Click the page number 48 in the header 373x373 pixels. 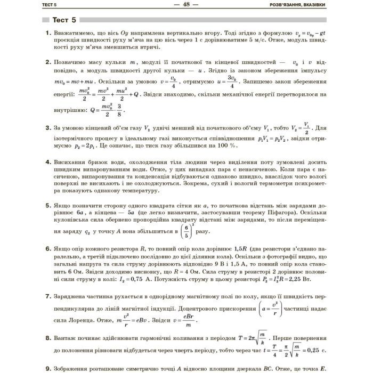(186, 5)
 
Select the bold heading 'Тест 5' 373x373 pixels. (64, 20)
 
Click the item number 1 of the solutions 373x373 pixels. (47, 33)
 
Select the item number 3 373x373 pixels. (47, 128)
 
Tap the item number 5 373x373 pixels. (47, 204)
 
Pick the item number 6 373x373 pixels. (47, 248)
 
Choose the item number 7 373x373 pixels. (47, 296)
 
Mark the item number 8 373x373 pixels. (47, 338)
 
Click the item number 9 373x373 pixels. (47, 367)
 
